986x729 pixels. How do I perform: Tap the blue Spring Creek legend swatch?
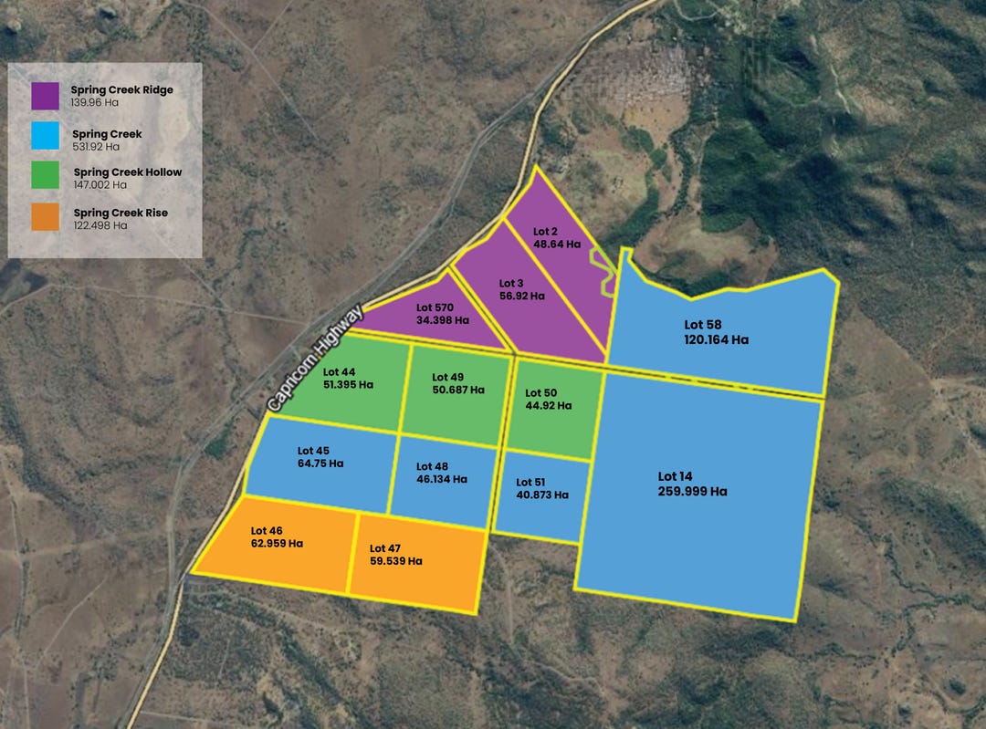coord(44,139)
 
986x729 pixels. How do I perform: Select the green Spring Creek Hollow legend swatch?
coord(44,177)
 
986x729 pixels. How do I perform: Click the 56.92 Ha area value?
coord(521,296)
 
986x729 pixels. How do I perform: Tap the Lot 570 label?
coord(435,307)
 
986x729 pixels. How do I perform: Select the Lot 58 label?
coord(703,324)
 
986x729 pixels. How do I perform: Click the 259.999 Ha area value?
coord(692,491)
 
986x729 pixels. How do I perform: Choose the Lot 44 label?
coord(339,371)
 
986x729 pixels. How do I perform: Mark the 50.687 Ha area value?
coord(457,390)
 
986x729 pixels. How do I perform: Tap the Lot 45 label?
coord(313,451)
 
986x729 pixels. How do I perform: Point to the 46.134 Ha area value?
coord(441,478)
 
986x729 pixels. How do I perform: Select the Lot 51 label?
coord(530,483)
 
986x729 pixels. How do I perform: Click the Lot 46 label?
coord(267,530)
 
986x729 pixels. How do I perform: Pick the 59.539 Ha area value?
coord(395,561)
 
